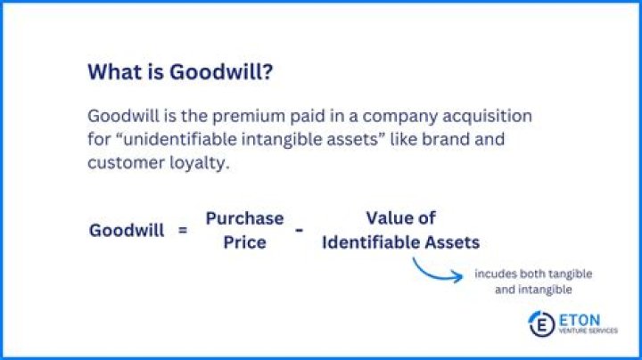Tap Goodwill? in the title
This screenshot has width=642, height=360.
[x=230, y=73]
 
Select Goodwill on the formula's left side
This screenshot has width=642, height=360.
[x=127, y=230]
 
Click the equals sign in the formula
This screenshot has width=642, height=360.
[x=183, y=230]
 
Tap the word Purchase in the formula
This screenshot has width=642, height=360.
[x=244, y=218]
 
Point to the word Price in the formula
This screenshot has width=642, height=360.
[x=244, y=241]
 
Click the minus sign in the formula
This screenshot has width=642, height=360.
[x=299, y=229]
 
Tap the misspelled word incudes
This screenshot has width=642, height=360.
[x=497, y=274]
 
